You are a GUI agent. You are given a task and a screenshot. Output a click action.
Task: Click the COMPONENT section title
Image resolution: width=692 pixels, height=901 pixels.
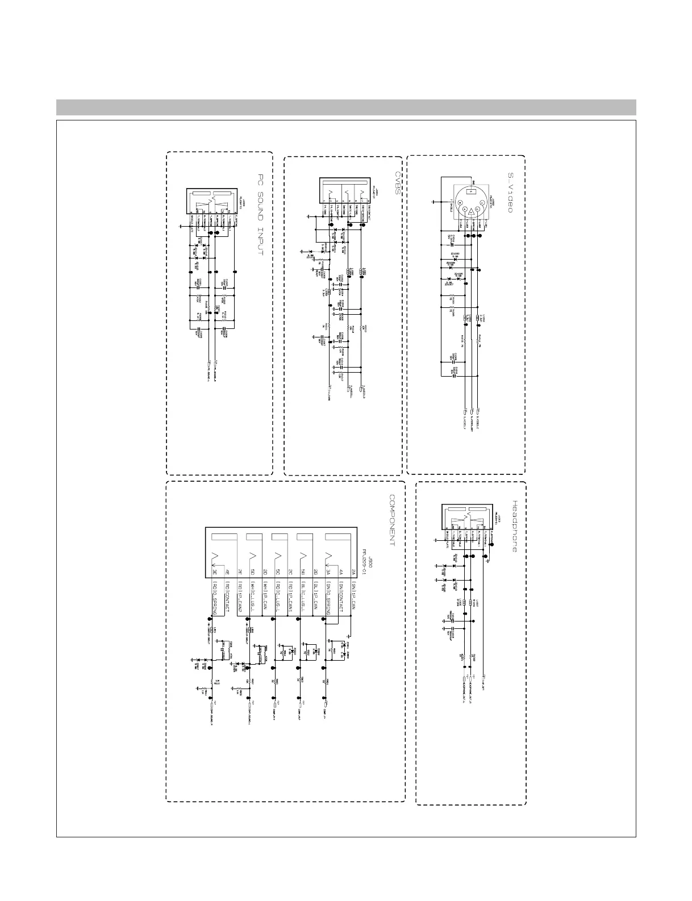392,520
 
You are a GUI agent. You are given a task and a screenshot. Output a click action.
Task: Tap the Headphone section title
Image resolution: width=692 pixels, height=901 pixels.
515,526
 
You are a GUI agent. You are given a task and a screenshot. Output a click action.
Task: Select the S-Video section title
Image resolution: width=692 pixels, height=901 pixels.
510,193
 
